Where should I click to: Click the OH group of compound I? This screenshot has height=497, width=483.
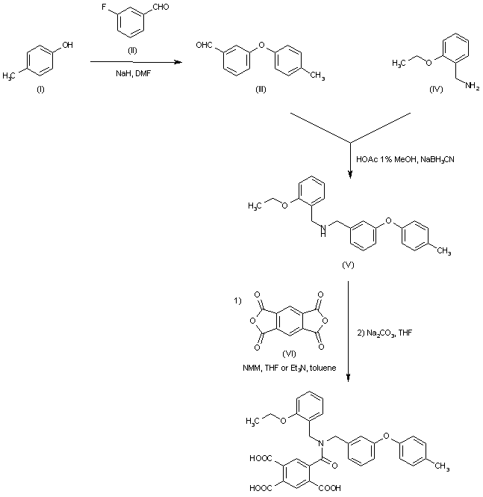[x=68, y=46]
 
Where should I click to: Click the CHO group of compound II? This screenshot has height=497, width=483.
[x=166, y=8]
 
